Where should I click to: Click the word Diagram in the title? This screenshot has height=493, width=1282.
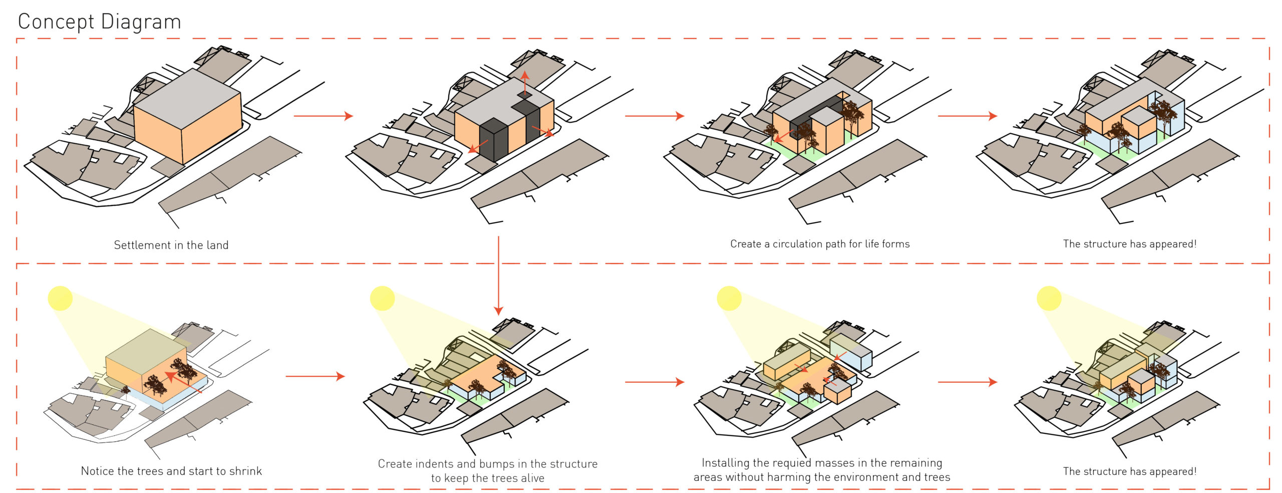pyautogui.click(x=141, y=22)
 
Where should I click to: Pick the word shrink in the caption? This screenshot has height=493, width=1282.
pyautogui.click(x=245, y=471)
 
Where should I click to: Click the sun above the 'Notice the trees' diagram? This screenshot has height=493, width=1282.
pyautogui.click(x=60, y=298)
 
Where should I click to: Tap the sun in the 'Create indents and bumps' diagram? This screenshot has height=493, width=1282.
pyautogui.click(x=382, y=298)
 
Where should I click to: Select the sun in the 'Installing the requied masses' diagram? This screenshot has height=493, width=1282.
pyautogui.click(x=729, y=298)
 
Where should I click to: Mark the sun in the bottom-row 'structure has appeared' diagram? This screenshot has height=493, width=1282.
pyautogui.click(x=1049, y=298)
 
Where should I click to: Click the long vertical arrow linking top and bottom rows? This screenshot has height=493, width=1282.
pyautogui.click(x=498, y=276)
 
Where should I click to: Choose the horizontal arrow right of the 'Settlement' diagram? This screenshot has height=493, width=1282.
pyautogui.click(x=323, y=116)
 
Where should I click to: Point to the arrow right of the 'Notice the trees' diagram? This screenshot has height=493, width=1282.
pyautogui.click(x=315, y=376)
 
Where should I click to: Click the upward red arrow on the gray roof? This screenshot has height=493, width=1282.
pyautogui.click(x=524, y=83)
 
